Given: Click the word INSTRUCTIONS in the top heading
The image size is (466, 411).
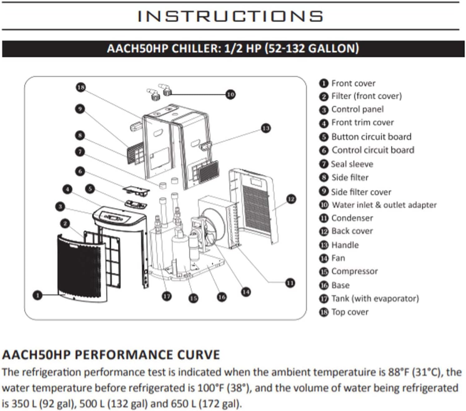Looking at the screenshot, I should (x=230, y=16).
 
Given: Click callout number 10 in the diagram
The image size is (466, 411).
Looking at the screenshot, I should (x=230, y=94).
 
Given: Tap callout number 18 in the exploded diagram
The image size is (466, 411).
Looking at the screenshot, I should (x=81, y=87).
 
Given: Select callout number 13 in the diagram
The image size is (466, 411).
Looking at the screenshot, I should (x=266, y=128).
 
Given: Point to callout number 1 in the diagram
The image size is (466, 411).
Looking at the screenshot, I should (x=37, y=295).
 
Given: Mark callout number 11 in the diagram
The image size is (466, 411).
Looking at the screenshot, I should (x=290, y=283).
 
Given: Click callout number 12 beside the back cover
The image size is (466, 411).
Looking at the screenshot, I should (x=291, y=199).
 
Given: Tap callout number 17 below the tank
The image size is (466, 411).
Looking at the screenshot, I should (x=167, y=296).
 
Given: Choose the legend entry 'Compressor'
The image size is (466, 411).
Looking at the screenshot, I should (x=354, y=271).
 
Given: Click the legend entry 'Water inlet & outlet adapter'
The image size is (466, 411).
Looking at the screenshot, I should (x=384, y=205).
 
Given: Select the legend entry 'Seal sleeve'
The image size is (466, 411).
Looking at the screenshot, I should (x=352, y=164).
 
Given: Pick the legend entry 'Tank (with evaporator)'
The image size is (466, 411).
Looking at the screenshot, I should (x=375, y=298).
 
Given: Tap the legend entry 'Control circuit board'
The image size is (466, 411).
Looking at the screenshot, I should (x=373, y=150).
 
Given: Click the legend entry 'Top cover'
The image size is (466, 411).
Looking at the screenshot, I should (x=350, y=312).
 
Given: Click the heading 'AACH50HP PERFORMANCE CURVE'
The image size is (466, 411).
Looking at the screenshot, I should (x=111, y=355).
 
